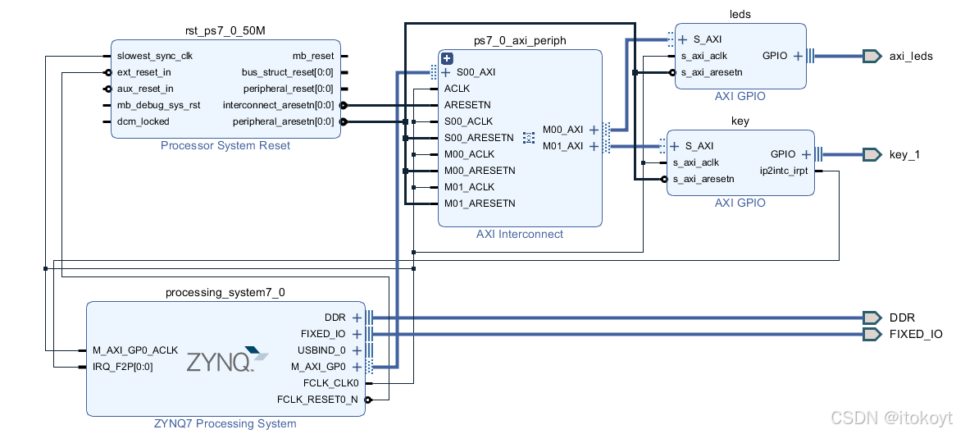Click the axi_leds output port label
(910, 57)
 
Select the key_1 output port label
(904, 154)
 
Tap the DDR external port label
(902, 318)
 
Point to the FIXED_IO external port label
(916, 334)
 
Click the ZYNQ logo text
(220, 362)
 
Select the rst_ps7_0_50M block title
(225, 31)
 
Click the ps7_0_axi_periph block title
(520, 40)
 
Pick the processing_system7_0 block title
(225, 292)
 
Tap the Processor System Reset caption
(225, 146)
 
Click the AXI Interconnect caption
(520, 234)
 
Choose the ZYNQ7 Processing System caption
(225, 423)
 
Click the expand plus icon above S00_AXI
(447, 58)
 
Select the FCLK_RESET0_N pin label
(317, 400)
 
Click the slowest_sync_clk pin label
(155, 56)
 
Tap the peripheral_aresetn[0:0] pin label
(284, 121)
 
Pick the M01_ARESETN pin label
(480, 203)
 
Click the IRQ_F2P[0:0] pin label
(123, 367)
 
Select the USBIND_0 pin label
(323, 350)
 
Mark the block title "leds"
(740, 14)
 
